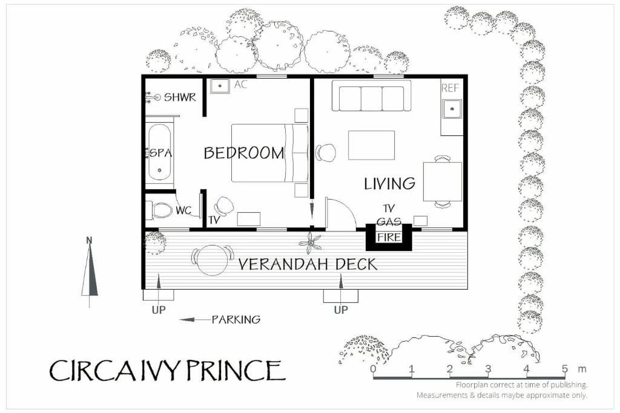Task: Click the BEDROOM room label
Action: tap(244, 153)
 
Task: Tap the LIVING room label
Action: tap(389, 184)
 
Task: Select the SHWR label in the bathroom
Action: tap(180, 97)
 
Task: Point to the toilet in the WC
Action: tap(159, 210)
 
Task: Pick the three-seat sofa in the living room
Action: tap(371, 96)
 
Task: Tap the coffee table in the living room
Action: tap(371, 145)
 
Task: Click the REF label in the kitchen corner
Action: tap(450, 88)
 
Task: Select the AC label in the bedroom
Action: tap(240, 85)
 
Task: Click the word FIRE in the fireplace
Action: tap(389, 237)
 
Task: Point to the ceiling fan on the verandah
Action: tap(310, 243)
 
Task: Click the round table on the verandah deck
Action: tap(213, 260)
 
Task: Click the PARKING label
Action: tap(236, 319)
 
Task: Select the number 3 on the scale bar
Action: tap(488, 369)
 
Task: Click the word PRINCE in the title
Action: tap(236, 370)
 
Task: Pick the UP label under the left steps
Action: tap(159, 310)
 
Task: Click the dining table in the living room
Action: tap(443, 181)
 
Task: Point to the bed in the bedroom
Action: tap(269, 153)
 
